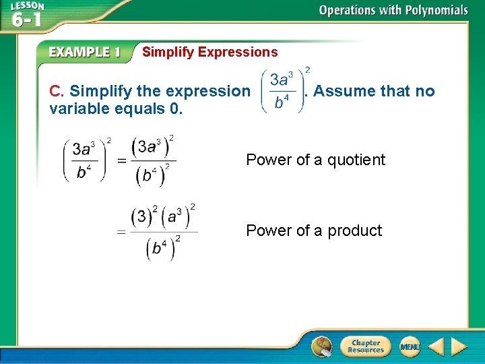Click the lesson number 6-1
tap(26, 19)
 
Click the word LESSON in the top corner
tap(27, 6)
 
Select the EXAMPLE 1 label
tap(85, 53)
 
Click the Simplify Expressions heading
tap(209, 52)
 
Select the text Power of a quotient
tap(315, 160)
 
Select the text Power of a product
tap(314, 231)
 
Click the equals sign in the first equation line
tap(122, 160)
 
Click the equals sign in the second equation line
tap(122, 232)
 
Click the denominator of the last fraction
tap(162, 247)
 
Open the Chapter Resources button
tap(365, 346)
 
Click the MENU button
tap(410, 346)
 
